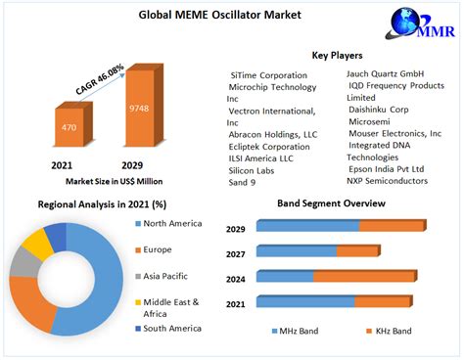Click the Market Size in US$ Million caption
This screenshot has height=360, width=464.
114,181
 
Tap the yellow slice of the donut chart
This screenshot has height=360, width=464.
37,244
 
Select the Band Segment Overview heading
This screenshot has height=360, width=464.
332,202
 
